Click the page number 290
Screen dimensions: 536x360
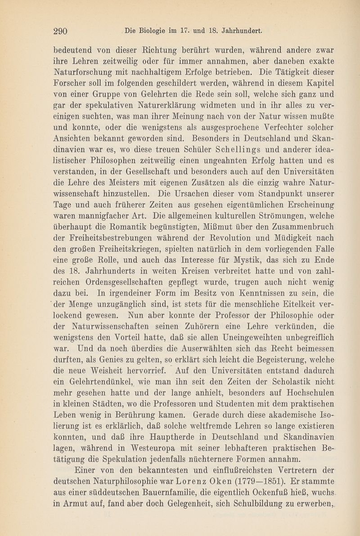click(x=60, y=31)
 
